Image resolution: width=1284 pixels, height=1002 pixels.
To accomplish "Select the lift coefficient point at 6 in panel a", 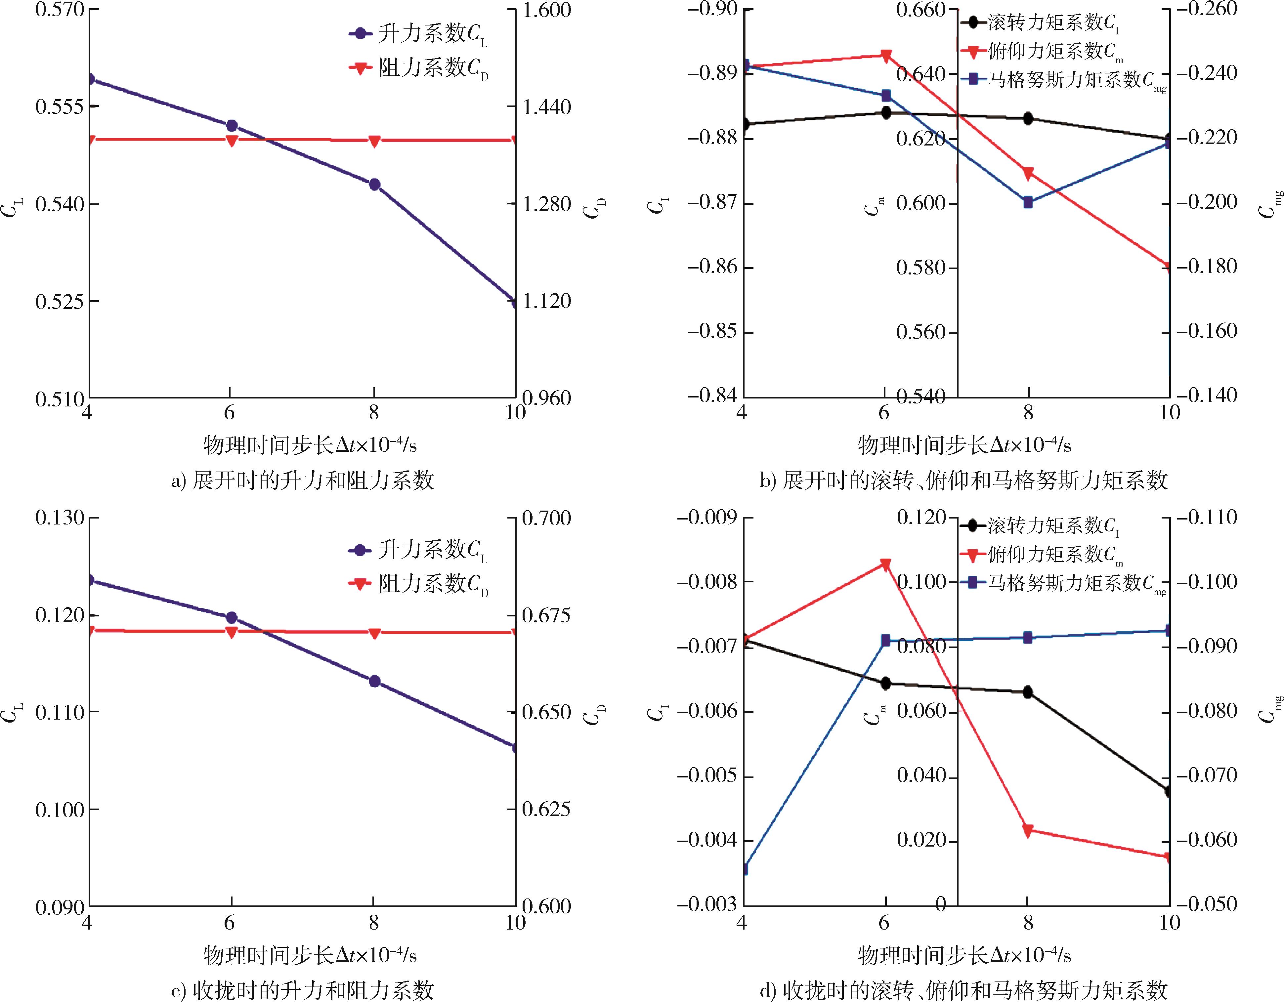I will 232,126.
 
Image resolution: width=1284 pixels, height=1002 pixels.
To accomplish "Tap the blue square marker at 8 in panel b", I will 1028,202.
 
